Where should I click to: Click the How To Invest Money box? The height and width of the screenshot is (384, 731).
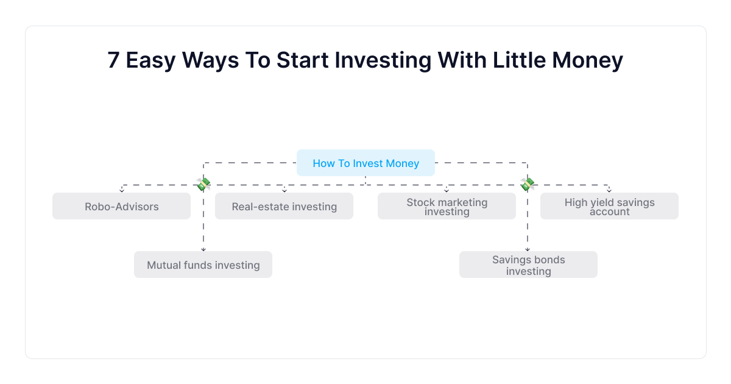(x=365, y=163)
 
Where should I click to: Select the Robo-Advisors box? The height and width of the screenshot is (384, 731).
(x=121, y=206)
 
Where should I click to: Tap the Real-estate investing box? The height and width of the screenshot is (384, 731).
(x=284, y=206)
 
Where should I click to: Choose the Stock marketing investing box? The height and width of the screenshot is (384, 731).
(x=447, y=206)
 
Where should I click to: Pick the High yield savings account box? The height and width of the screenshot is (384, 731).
(x=609, y=206)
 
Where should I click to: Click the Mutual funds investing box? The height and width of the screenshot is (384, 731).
(x=203, y=265)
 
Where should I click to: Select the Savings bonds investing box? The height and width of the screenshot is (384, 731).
(x=528, y=265)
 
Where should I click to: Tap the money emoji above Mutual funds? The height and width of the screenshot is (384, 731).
(x=203, y=184)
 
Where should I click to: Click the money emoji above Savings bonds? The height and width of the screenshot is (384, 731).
(x=528, y=184)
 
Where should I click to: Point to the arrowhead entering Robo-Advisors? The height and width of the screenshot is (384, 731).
(x=122, y=190)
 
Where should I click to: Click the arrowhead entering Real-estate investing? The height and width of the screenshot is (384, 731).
(x=284, y=190)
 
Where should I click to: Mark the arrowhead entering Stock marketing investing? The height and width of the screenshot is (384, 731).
(x=447, y=190)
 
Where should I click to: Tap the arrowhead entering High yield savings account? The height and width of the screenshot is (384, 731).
(x=609, y=190)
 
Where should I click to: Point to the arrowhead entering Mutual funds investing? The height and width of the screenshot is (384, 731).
(x=203, y=249)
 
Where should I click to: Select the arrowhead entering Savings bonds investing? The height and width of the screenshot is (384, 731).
(x=528, y=249)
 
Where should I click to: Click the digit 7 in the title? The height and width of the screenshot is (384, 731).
(x=113, y=60)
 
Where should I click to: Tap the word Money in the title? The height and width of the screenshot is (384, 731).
(x=587, y=62)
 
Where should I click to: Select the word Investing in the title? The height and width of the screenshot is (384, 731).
(x=383, y=62)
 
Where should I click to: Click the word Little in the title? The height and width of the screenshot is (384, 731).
(x=519, y=60)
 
